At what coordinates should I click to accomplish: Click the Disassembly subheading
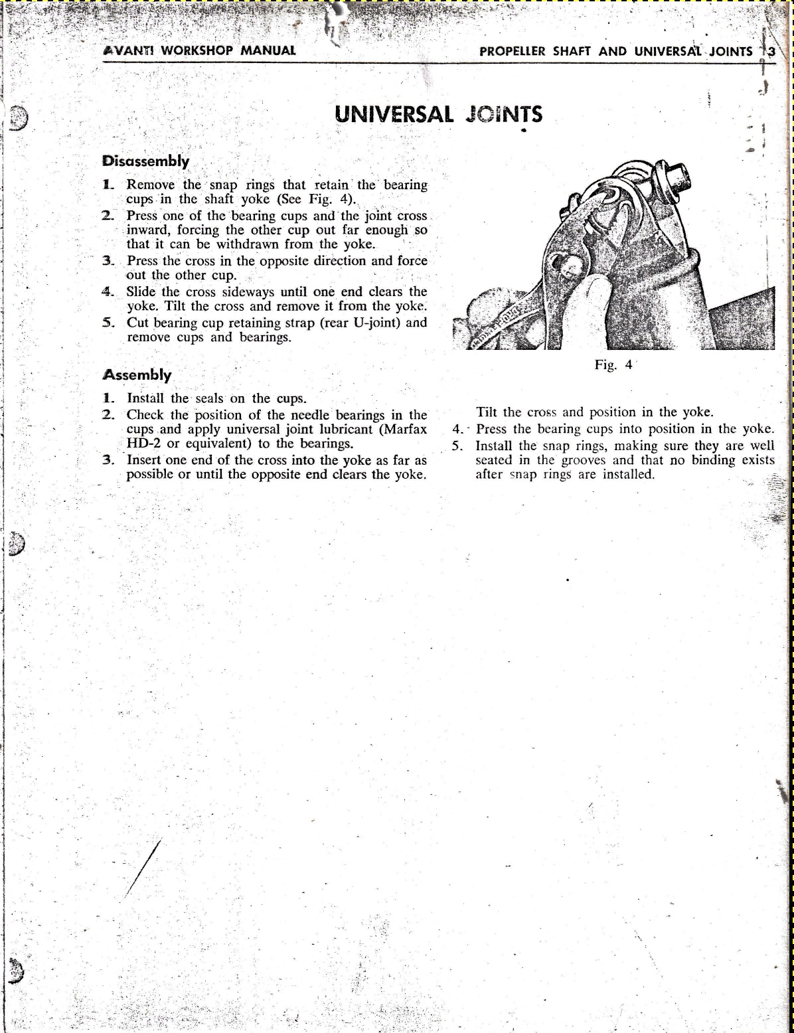146,161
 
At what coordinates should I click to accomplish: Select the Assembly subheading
137,374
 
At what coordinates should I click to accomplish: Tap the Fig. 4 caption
613,364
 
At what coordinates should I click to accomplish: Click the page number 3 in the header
771,51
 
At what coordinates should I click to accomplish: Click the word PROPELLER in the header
513,51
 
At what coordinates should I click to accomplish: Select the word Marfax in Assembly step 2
402,430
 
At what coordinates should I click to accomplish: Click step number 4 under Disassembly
108,291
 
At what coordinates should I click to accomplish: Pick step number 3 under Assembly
108,459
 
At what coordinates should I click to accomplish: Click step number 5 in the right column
457,445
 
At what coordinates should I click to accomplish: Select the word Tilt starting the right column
487,412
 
